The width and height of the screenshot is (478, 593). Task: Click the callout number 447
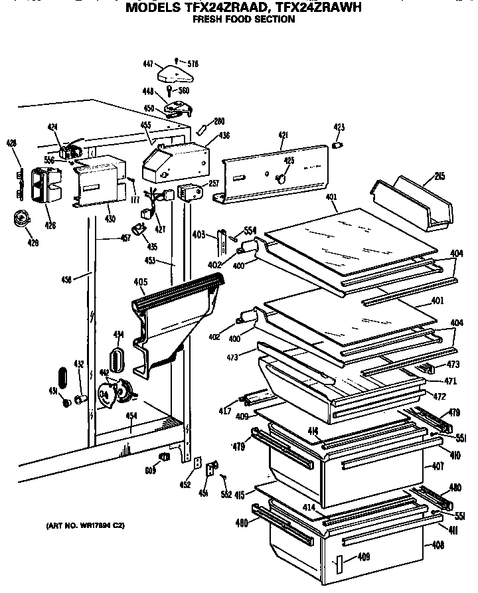(x=148, y=64)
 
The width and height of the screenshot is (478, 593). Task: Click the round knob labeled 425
(x=281, y=178)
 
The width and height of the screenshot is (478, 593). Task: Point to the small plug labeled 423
(x=337, y=144)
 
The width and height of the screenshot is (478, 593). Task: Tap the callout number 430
(x=110, y=218)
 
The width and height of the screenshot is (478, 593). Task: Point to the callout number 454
(x=131, y=416)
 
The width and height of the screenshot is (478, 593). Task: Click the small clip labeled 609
(x=164, y=458)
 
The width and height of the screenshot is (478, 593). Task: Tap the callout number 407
(x=438, y=466)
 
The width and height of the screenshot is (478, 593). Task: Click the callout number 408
(x=438, y=546)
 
